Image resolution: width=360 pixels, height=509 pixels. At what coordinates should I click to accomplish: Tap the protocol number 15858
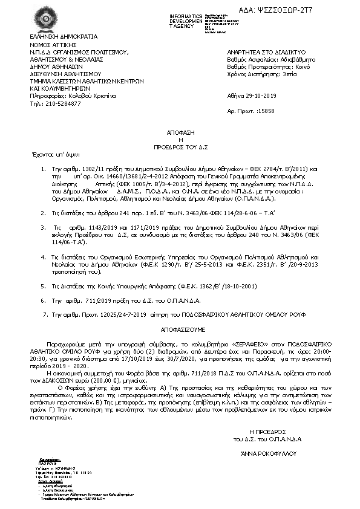[x=266, y=112]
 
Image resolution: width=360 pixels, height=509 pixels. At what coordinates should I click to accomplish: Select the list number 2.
[x=43, y=213]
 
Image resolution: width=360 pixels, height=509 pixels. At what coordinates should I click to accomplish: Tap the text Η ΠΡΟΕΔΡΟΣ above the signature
[x=266, y=414]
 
